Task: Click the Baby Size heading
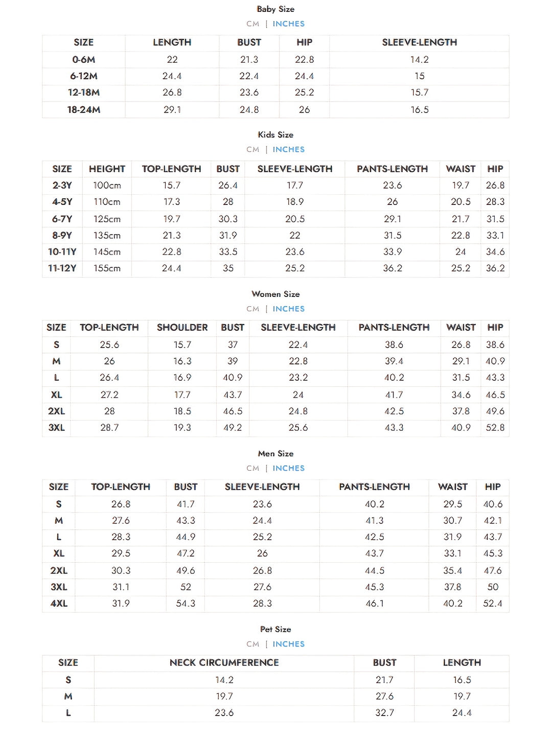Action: (275, 9)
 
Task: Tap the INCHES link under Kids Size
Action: (288, 149)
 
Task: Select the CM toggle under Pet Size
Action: (252, 644)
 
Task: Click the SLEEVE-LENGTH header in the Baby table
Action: (419, 42)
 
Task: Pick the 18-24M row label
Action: (84, 109)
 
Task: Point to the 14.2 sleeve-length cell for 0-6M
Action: (419, 59)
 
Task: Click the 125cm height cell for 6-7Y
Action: (107, 219)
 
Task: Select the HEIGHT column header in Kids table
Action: (107, 169)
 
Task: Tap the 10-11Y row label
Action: (62, 251)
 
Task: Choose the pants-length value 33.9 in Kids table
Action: (392, 251)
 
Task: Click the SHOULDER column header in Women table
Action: (182, 327)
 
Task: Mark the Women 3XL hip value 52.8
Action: (495, 427)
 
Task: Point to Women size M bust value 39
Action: (233, 361)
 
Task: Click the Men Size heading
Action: (275, 453)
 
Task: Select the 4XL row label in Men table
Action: (59, 603)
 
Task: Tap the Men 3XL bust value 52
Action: (186, 587)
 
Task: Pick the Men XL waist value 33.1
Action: (452, 553)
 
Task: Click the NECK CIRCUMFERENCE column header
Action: (224, 662)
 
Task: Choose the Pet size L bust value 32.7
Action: (384, 712)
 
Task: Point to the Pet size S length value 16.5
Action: (462, 680)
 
